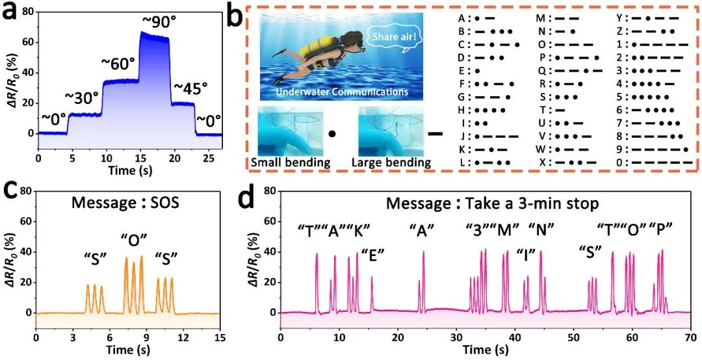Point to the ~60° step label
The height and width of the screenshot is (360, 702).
coord(118,64)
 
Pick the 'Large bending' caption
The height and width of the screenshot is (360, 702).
coord(392,163)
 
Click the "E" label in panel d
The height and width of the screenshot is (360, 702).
coord(372,253)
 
